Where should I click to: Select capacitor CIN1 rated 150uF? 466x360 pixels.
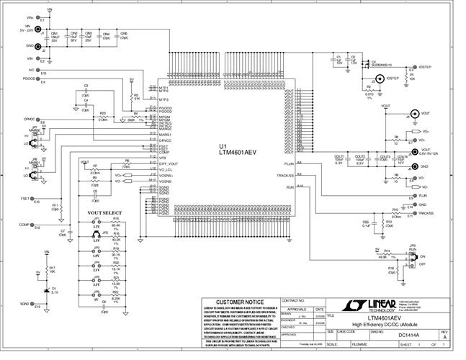tap(54, 37)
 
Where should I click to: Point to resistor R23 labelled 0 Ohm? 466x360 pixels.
tap(103, 117)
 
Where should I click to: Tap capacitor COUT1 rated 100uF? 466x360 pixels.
tap(339, 160)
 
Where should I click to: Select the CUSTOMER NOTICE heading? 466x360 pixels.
tap(236, 301)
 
